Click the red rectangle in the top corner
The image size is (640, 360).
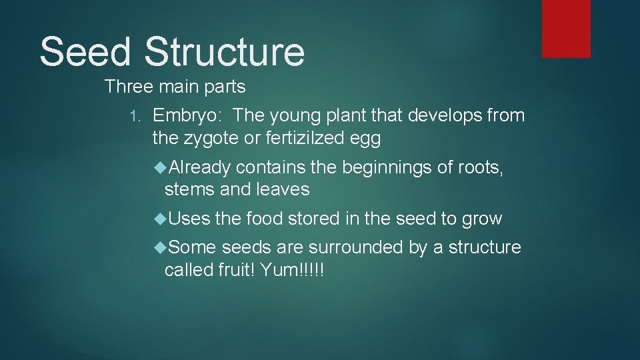click(x=565, y=29)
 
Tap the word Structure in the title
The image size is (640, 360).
click(x=224, y=52)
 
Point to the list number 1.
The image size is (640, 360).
click(x=134, y=117)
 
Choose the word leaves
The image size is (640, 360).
click(x=283, y=190)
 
